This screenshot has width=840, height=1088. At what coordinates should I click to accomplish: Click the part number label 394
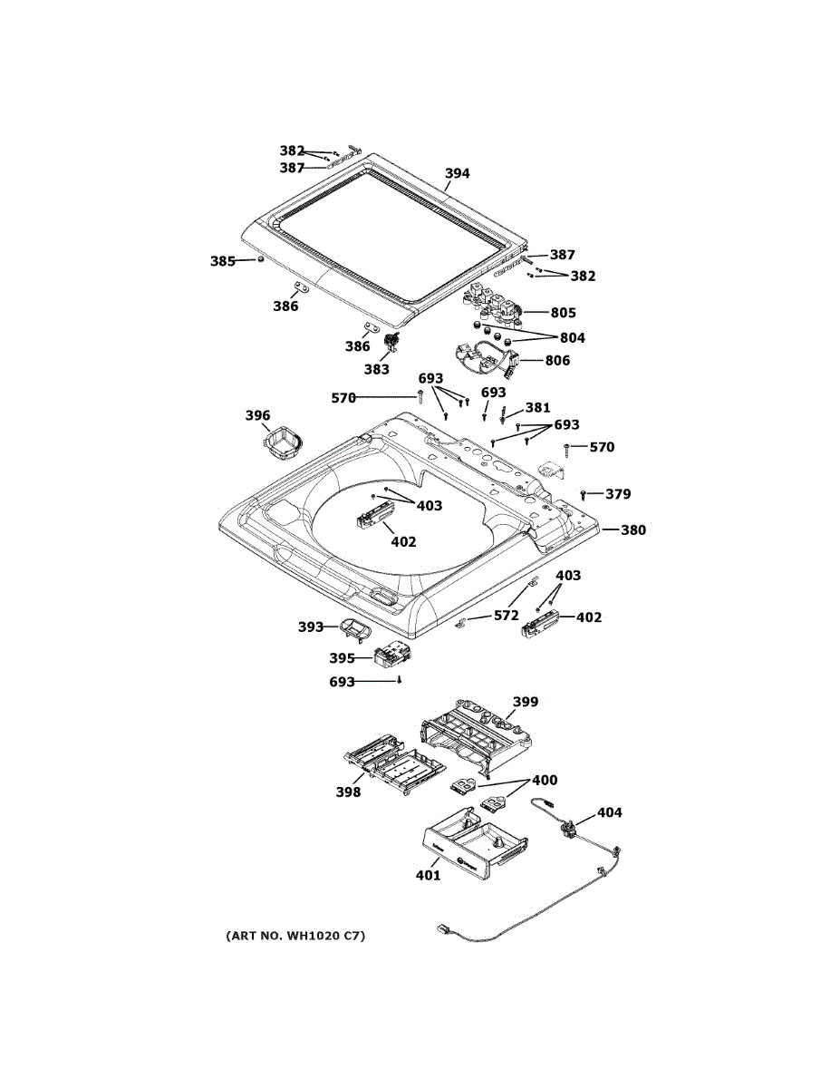[x=458, y=174]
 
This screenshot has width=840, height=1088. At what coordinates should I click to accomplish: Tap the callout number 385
[x=223, y=261]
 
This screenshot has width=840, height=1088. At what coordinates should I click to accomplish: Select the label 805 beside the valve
[x=564, y=313]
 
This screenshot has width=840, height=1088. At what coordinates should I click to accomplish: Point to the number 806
[x=557, y=361]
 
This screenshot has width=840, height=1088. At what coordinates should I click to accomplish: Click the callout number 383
[x=376, y=370]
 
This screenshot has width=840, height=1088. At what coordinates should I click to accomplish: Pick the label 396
[x=257, y=415]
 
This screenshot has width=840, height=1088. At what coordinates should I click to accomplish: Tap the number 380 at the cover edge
[x=633, y=529]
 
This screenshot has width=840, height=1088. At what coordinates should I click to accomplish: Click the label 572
[x=507, y=616]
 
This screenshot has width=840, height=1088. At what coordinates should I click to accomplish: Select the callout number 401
[x=429, y=875]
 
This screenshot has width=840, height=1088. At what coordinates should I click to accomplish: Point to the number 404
[x=609, y=812]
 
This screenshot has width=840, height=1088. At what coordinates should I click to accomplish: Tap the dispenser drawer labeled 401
[x=475, y=847]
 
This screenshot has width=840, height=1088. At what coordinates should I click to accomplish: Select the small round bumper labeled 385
[x=260, y=259]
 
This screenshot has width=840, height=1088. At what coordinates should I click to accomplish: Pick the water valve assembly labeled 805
[x=494, y=306]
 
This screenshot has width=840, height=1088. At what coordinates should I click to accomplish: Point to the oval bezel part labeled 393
[x=353, y=629]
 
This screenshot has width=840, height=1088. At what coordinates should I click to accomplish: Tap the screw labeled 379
[x=583, y=495]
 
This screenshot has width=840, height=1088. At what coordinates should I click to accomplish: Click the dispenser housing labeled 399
[x=477, y=736]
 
